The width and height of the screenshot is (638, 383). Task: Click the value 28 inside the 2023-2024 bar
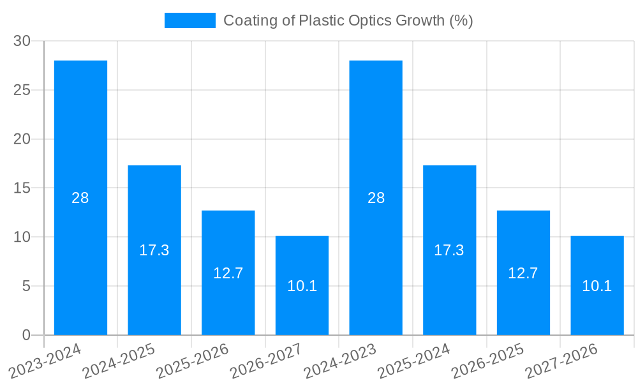point(80,198)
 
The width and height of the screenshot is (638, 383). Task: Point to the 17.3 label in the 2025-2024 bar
point(449,250)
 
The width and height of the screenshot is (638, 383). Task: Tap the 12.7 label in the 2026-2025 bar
point(523,273)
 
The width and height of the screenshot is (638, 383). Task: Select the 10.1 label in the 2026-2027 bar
point(302,286)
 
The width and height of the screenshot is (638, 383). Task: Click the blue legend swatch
point(189,20)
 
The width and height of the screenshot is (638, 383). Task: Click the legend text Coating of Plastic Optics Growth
point(348,20)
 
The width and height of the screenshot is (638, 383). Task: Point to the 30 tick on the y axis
point(22,41)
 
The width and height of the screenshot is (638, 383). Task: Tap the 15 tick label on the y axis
point(22,188)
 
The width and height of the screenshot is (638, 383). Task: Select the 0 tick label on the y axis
point(26,335)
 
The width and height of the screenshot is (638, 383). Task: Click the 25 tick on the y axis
point(22,90)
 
